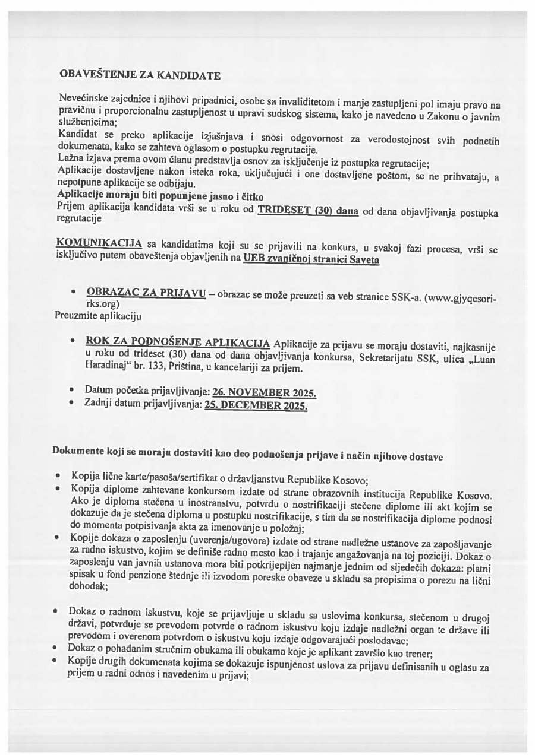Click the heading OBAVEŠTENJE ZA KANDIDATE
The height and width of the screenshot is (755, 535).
(x=140, y=75)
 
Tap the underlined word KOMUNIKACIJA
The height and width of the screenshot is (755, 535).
(x=99, y=243)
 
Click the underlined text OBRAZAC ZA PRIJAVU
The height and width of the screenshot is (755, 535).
(x=146, y=293)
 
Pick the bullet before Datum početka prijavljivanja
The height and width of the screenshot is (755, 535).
(x=71, y=391)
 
